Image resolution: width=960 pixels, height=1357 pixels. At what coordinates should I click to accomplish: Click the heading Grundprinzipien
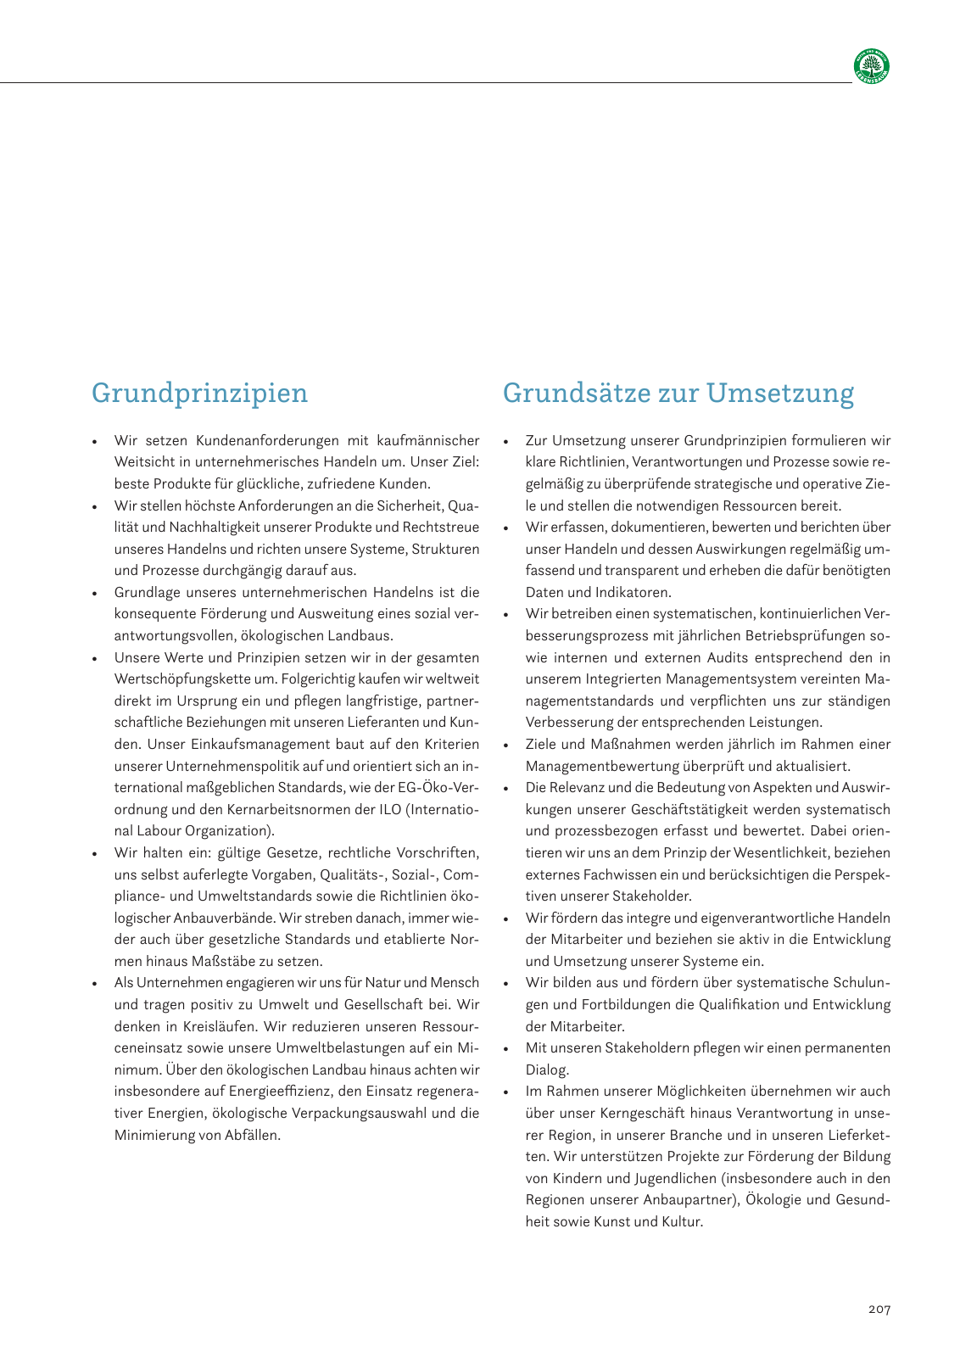point(199,394)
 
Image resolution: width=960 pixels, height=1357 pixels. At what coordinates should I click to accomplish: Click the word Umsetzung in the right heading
point(779,394)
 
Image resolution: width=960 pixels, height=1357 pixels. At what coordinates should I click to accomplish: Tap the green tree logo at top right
point(872,66)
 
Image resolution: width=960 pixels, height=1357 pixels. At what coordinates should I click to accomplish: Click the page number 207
point(879,1310)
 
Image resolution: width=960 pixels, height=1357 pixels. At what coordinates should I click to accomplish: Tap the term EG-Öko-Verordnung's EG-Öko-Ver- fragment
point(438,788)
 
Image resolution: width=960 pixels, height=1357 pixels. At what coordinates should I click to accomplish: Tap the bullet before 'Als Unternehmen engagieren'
point(95,984)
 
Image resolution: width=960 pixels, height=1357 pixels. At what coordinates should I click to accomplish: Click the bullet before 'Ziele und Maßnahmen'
point(506,746)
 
